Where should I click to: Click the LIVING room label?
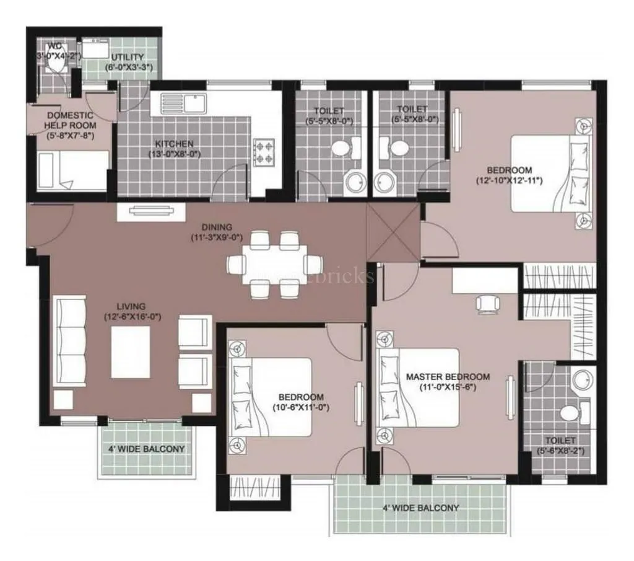[131, 306]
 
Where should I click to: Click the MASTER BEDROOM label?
[448, 376]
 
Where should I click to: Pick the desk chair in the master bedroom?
[486, 303]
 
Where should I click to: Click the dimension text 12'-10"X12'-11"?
[510, 181]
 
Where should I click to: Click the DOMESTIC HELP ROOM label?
[70, 120]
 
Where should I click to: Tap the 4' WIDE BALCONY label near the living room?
[147, 449]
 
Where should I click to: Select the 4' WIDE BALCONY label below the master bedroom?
[421, 508]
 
